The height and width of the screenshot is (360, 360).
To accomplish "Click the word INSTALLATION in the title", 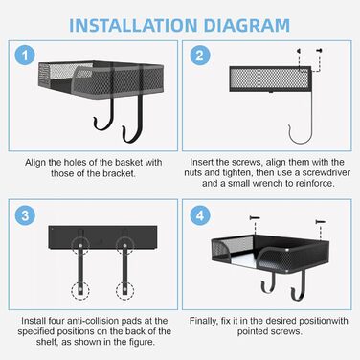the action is pos(133,26).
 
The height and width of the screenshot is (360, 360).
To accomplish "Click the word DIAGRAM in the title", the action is pos(247,26).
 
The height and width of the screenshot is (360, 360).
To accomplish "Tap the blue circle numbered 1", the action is pos(25,56).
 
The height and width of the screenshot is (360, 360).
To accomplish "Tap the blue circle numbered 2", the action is pos(200,56).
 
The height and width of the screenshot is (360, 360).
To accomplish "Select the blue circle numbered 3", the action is pos(25,215).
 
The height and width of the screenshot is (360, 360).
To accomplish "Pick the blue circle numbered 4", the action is pos(200,215).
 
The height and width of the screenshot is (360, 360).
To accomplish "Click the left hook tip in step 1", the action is pos(95,119).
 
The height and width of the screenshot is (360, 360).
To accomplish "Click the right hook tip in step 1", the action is pos(124,128).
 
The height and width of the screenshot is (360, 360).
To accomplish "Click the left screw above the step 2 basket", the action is pos(299,51).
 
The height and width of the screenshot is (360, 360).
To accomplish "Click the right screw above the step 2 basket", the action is pos(319,51).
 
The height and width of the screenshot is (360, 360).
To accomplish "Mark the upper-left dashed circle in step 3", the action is pos(80,246).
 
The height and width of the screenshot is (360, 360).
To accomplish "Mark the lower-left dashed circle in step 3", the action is pos(80,290).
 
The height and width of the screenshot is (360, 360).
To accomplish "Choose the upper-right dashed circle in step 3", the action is pos(124,246).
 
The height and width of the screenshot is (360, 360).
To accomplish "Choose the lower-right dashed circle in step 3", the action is pos(124,290).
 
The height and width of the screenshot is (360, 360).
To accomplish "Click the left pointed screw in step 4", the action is pos(255,218).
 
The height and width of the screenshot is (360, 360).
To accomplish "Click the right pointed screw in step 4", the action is pos(320,221).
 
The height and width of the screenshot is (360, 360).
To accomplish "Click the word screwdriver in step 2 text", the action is pos(326,173).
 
